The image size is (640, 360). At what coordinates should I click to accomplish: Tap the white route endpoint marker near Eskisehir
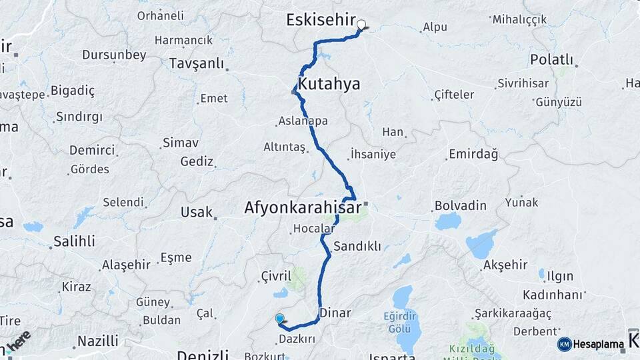click(x=361, y=25)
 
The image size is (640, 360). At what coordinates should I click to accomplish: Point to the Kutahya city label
click(x=329, y=84)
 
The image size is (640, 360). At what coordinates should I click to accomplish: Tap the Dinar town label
click(x=335, y=312)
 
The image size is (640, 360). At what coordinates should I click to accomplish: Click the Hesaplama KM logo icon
click(x=565, y=344)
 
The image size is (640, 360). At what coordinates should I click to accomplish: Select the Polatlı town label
click(x=551, y=59)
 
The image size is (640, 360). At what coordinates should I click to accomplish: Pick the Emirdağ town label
click(x=473, y=155)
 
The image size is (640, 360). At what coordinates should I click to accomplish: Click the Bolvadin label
click(x=460, y=205)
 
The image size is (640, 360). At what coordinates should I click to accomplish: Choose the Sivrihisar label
click(x=524, y=84)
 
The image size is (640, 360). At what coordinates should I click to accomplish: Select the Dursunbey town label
click(x=114, y=55)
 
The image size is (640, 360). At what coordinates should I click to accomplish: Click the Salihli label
click(x=74, y=241)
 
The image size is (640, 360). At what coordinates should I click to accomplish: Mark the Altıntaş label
click(x=284, y=147)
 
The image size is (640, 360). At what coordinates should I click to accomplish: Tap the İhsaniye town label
click(x=373, y=155)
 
